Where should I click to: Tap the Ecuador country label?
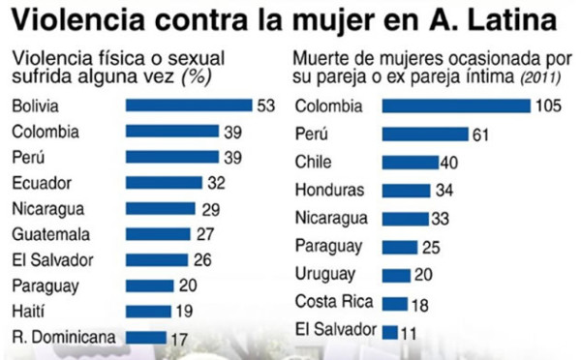point(40,182)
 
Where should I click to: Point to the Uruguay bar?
point(395,275)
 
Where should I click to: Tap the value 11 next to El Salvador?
point(410,331)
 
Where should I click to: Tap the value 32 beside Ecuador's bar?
point(215,182)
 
